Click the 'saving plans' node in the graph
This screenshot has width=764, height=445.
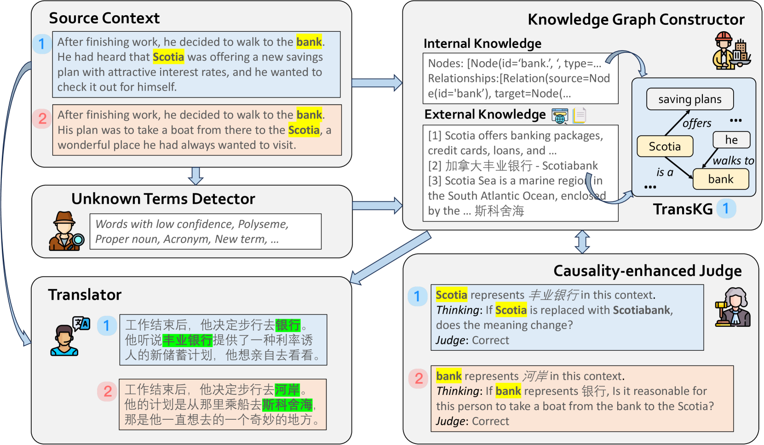tap(689, 99)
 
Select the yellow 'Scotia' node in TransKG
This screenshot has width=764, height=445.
tap(665, 147)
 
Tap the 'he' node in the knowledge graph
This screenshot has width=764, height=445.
tap(731, 140)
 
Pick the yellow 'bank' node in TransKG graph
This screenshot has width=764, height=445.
tap(720, 179)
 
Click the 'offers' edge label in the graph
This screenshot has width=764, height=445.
tap(697, 123)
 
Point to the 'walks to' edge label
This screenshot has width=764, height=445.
tap(733, 160)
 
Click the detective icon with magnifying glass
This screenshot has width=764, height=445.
tap(66, 231)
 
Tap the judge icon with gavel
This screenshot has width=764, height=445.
tap(733, 308)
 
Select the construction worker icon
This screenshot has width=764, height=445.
tap(731, 51)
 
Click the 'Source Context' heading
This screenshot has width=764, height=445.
tap(104, 18)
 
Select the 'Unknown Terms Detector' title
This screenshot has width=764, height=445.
tap(163, 199)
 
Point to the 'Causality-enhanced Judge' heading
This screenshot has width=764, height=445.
tap(647, 271)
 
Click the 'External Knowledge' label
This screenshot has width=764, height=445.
tap(485, 114)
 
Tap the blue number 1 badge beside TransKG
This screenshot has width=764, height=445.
tap(726, 209)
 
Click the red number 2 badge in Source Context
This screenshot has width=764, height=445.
tap(42, 119)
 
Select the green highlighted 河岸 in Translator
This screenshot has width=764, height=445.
tap(287, 390)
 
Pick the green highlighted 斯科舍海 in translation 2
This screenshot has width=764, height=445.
tap(287, 405)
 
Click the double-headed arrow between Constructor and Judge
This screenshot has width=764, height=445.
tap(582, 242)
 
